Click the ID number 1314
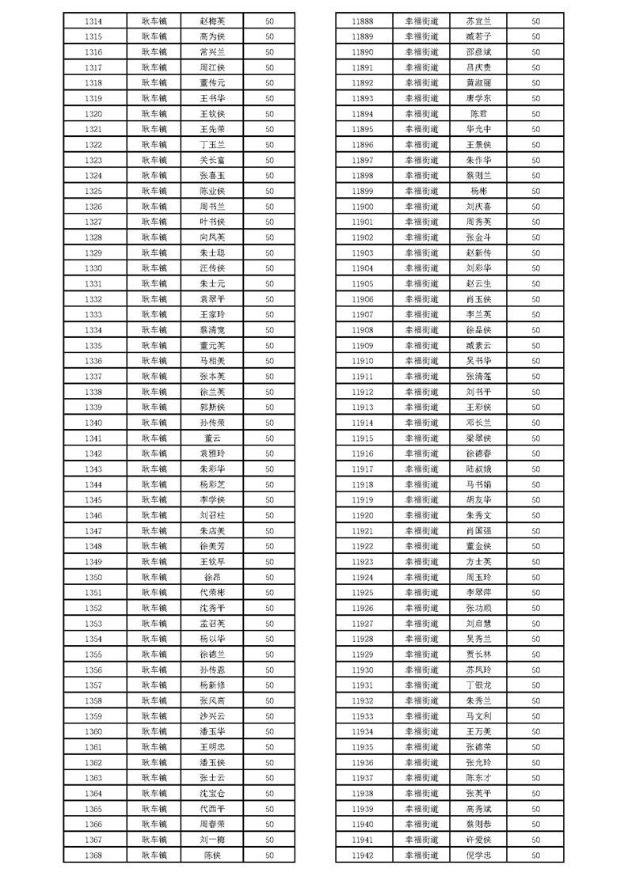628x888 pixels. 93,21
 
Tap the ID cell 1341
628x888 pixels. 93,438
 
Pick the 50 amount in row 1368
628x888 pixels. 269,856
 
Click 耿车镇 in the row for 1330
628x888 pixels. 154,268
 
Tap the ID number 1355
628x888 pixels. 93,655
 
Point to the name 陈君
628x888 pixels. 478,114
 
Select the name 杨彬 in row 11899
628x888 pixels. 478,192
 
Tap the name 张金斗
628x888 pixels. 478,237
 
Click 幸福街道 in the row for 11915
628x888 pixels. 421,438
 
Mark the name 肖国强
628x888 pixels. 478,531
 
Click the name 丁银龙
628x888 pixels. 478,685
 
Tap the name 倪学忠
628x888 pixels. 478,856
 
